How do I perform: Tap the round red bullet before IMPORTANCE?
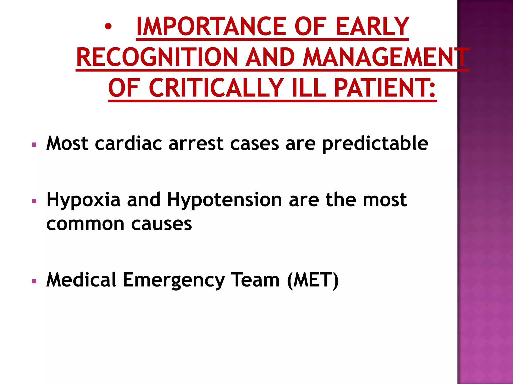pos(108,26)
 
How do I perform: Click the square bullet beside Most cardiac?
pos(34,144)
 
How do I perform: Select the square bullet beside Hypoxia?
pos(34,201)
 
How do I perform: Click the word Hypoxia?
pos(83,200)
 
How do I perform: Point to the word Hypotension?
pos(224,200)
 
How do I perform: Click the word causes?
pos(162,224)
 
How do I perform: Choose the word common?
pos(85,224)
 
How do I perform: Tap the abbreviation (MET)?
pos(313,280)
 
